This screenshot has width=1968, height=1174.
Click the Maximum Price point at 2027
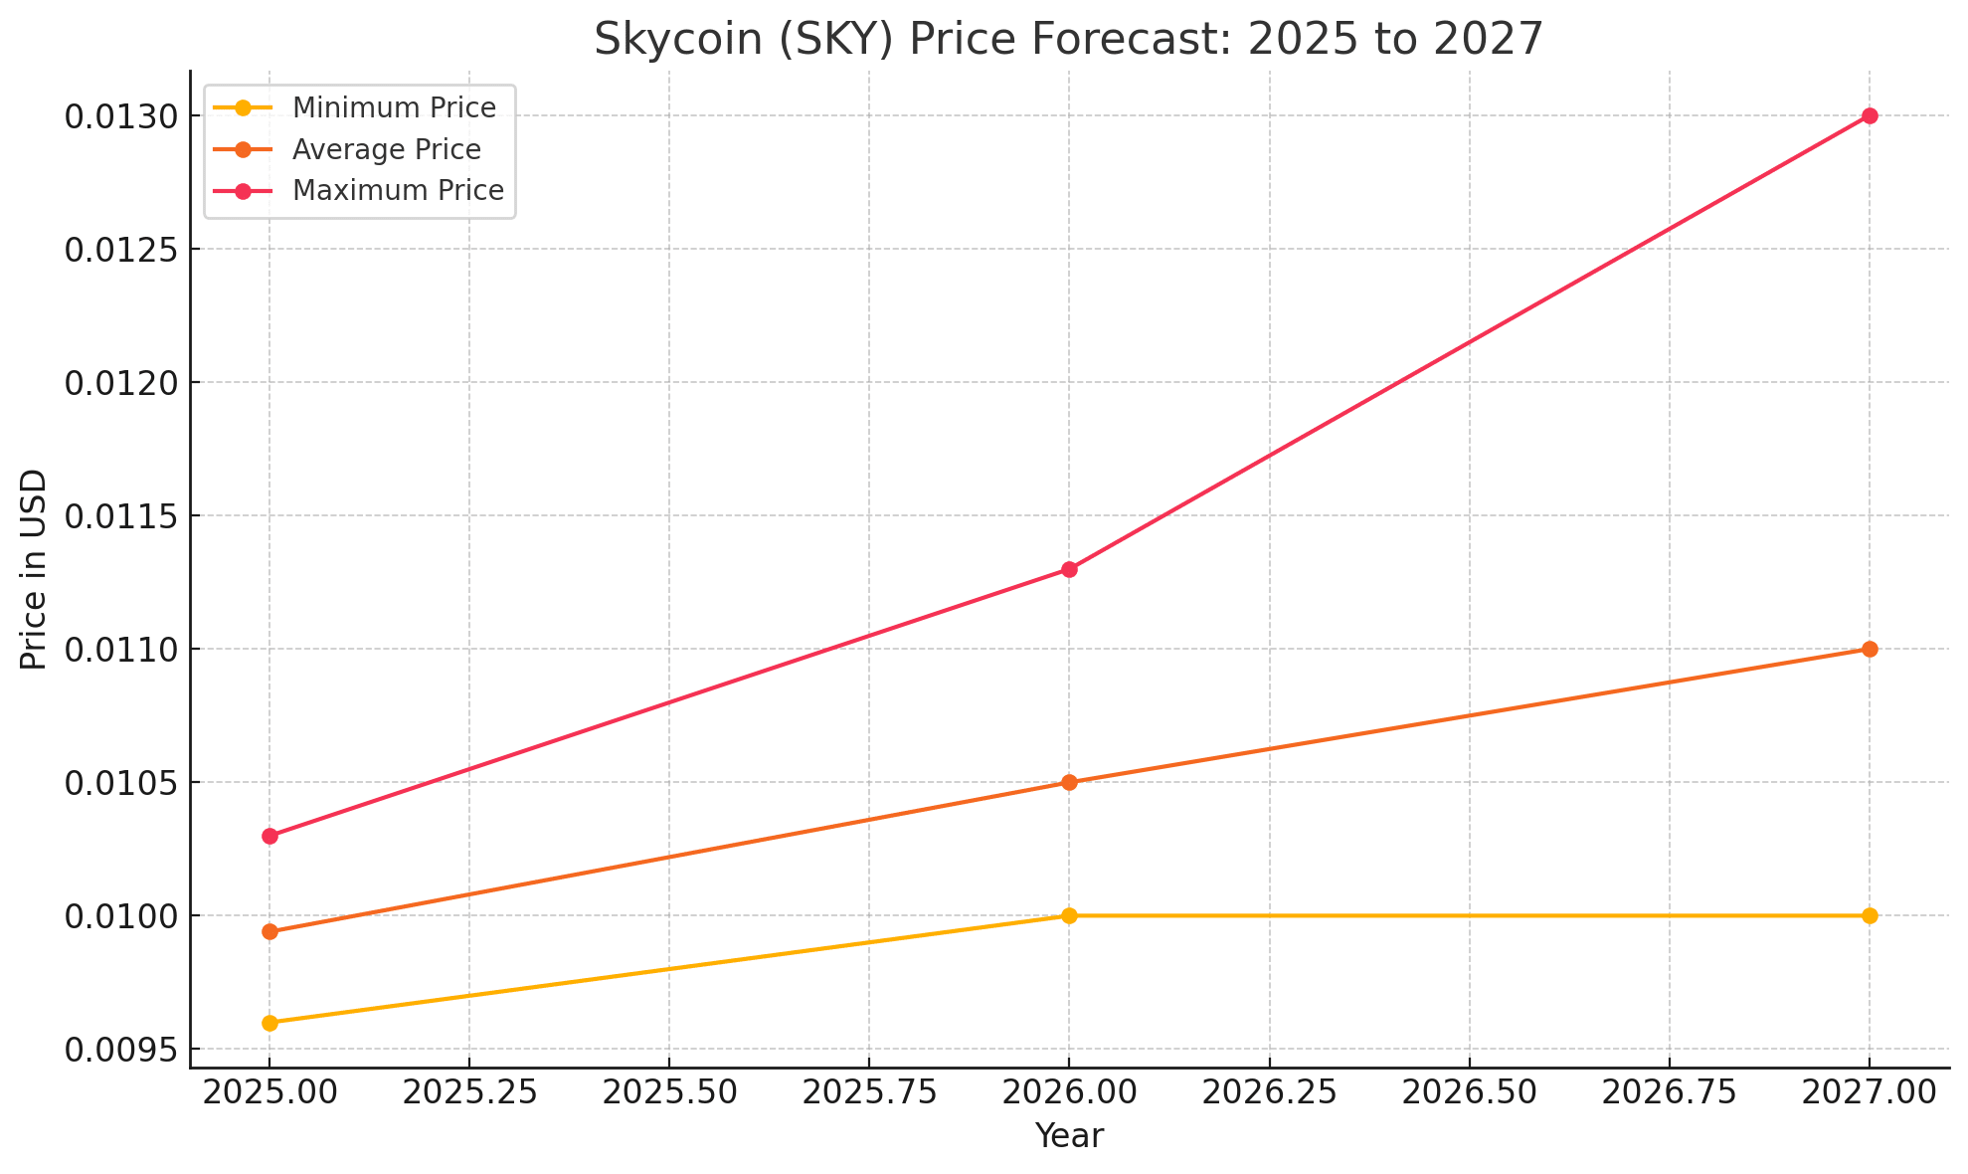tap(1870, 115)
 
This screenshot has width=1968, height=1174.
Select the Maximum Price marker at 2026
tap(1069, 569)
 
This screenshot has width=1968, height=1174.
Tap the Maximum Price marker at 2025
tap(269, 836)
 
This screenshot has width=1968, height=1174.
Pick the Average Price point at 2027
tap(1870, 649)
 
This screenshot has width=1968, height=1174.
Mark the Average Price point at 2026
tap(1069, 782)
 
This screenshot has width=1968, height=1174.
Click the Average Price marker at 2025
tap(269, 931)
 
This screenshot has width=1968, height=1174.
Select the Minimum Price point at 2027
tap(1870, 915)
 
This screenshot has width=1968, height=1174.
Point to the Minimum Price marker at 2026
tap(1069, 915)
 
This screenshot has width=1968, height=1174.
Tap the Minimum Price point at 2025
tap(269, 1023)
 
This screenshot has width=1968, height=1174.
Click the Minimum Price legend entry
tap(394, 107)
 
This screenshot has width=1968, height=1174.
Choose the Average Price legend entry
tap(386, 149)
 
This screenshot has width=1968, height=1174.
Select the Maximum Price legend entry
tap(398, 190)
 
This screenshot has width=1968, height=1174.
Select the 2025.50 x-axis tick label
tap(668, 1092)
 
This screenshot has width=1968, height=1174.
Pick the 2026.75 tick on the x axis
tap(1669, 1092)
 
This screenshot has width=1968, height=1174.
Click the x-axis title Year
tap(1069, 1136)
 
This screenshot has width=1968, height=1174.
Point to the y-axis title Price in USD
tap(34, 569)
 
